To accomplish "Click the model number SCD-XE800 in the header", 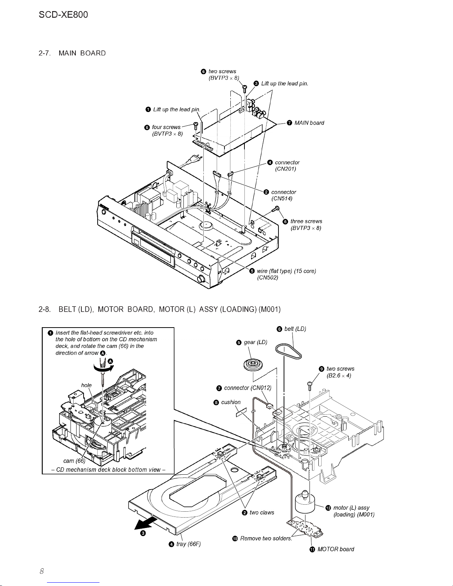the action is tap(63, 14).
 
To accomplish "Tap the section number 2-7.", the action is tap(45, 53).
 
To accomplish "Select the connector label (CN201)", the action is tap(285, 169).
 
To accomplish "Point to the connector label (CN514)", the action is tap(282, 199).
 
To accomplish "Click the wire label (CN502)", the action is tap(267, 278).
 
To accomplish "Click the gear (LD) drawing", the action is tap(253, 365).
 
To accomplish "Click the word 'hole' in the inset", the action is tap(86, 385).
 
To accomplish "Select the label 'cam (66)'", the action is tap(74, 461).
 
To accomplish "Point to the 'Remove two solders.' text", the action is tap(266, 538).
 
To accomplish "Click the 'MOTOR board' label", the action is tap(336, 549).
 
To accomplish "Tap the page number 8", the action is tap(42, 571).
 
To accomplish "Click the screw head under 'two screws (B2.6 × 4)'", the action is tap(310, 383).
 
